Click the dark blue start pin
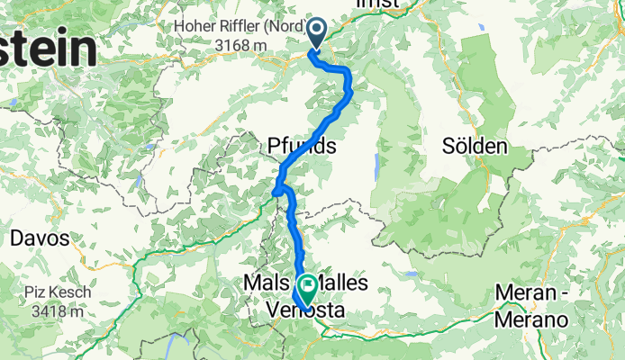pos(317,33)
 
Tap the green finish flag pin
pos(306,289)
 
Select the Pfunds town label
pos(302,145)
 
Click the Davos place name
pos(37,239)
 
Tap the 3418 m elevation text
pos(50,312)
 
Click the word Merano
pos(533,320)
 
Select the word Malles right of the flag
pos(344,283)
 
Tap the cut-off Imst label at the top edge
pos(377,4)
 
